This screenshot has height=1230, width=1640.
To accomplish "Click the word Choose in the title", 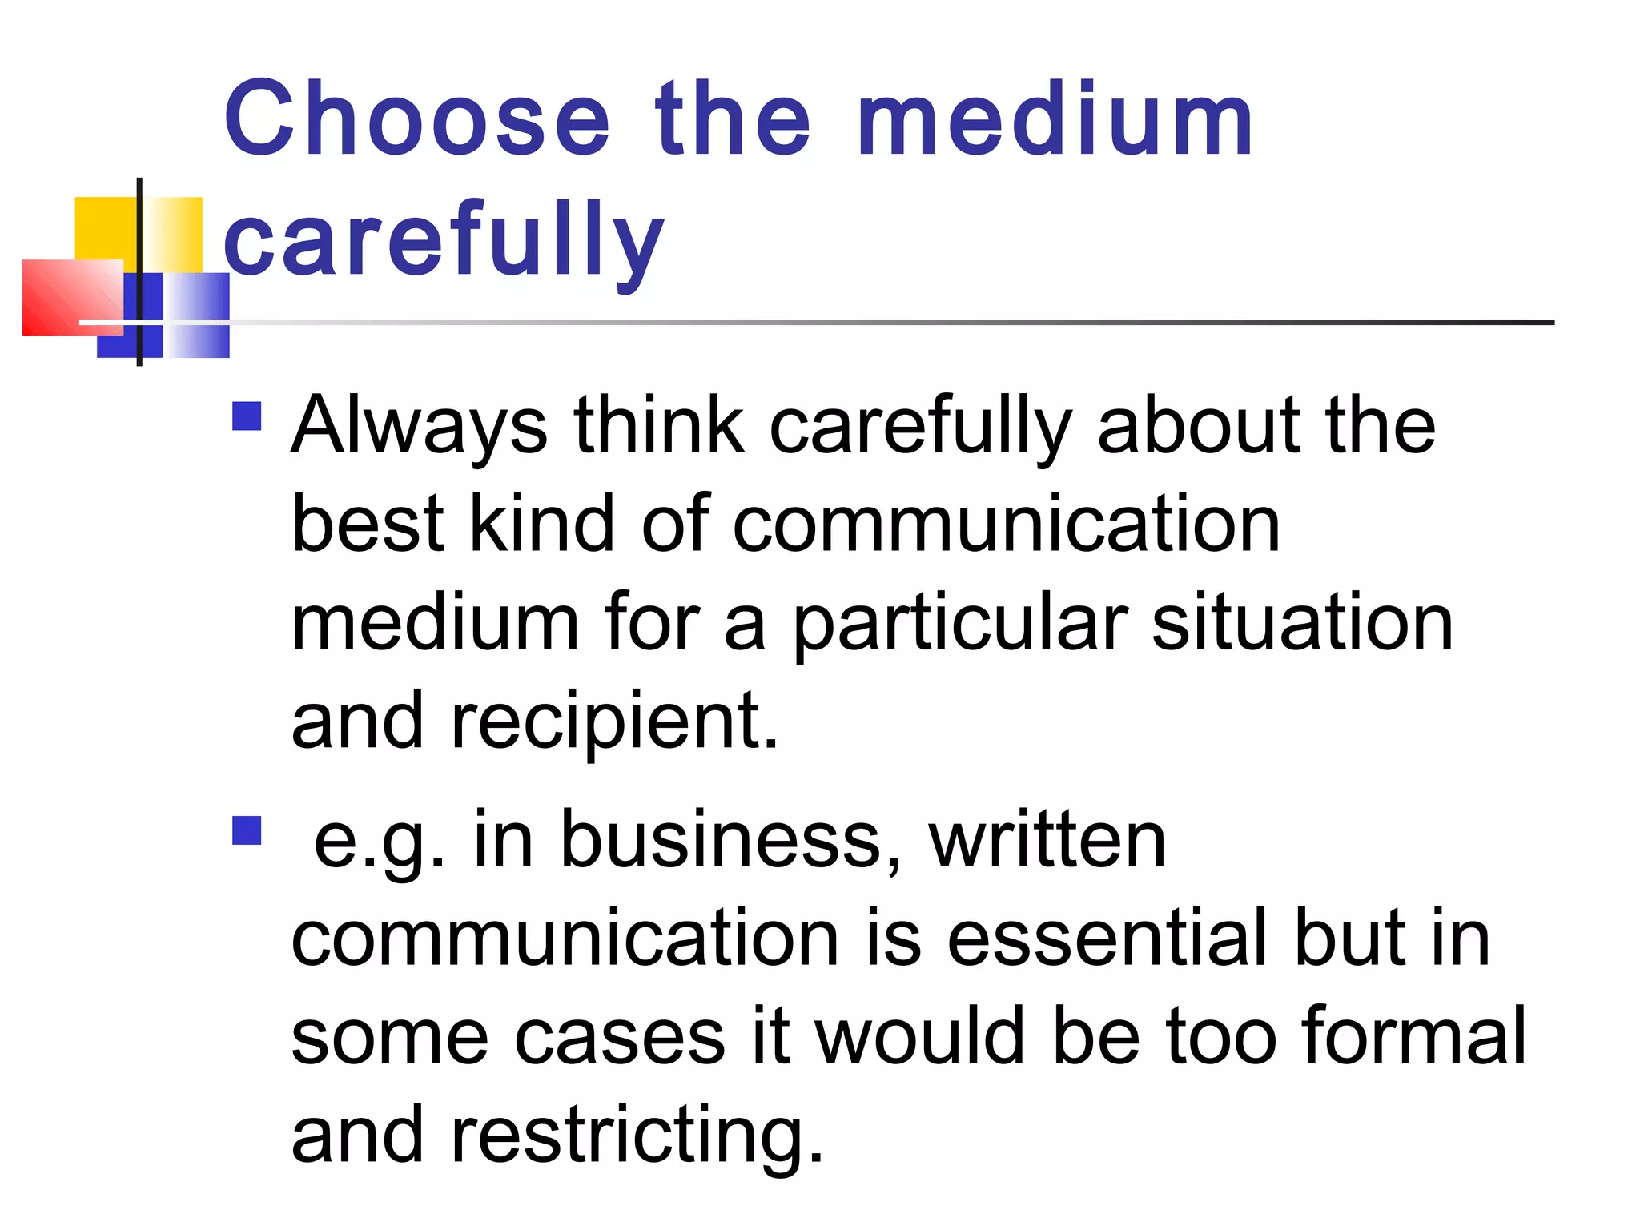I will coord(416,120).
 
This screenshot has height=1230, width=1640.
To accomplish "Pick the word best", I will coord(368,524).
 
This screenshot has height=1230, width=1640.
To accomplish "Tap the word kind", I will coord(541,524).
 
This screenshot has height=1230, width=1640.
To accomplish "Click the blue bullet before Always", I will coord(247,416).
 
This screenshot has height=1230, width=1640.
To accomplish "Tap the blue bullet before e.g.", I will coord(247,830).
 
